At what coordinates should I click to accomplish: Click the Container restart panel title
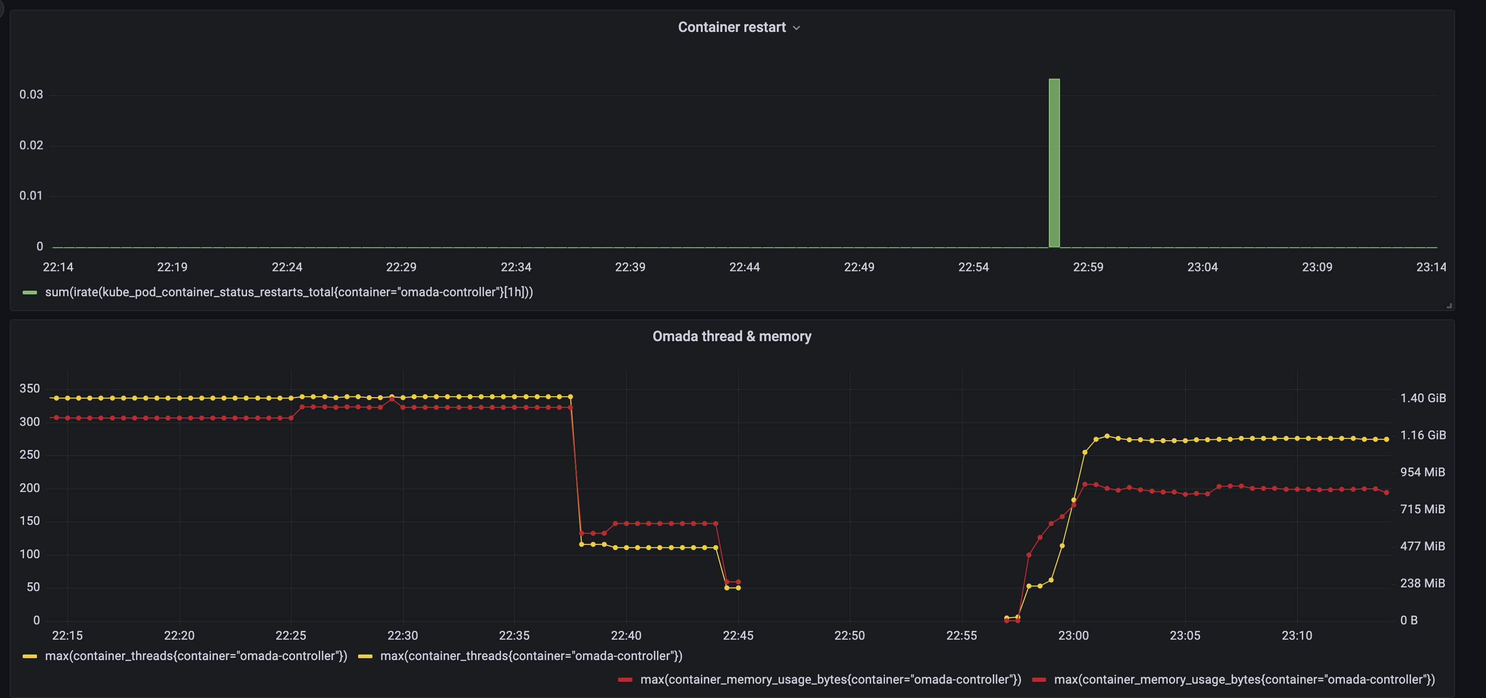pyautogui.click(x=731, y=27)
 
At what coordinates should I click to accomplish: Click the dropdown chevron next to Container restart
pyautogui.click(x=797, y=28)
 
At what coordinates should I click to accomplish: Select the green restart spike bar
pyautogui.click(x=1054, y=163)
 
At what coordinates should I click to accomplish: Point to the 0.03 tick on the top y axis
pyautogui.click(x=31, y=94)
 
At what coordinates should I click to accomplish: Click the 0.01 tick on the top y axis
pyautogui.click(x=31, y=196)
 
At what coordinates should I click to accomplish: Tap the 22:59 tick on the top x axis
pyautogui.click(x=1088, y=267)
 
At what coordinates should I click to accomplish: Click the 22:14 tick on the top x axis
pyautogui.click(x=58, y=267)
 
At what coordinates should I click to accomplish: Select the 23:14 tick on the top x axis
pyautogui.click(x=1431, y=267)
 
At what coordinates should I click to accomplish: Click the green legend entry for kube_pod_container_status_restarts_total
pyautogui.click(x=288, y=292)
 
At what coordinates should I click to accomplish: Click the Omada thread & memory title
pyautogui.click(x=731, y=336)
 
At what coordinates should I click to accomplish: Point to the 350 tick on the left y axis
pyautogui.click(x=30, y=388)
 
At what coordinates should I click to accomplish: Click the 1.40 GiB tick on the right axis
pyautogui.click(x=1423, y=398)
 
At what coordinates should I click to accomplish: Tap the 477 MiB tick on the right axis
pyautogui.click(x=1423, y=546)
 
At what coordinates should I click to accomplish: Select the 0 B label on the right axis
pyautogui.click(x=1409, y=620)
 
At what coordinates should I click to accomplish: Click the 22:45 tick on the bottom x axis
pyautogui.click(x=738, y=635)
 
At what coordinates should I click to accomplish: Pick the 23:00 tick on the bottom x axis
pyautogui.click(x=1073, y=635)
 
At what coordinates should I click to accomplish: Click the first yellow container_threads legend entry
pyautogui.click(x=196, y=656)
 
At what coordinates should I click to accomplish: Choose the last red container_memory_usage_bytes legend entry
pyautogui.click(x=1244, y=679)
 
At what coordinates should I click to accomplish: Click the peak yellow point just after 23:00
pyautogui.click(x=1107, y=436)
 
